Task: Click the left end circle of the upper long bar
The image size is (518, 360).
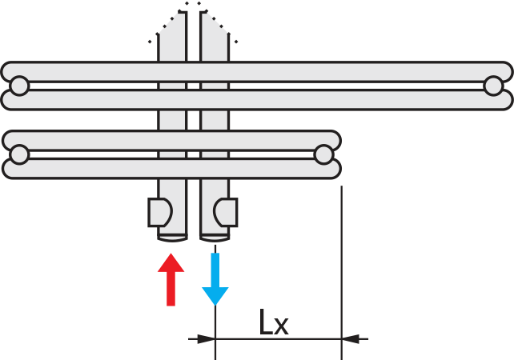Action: (19, 86)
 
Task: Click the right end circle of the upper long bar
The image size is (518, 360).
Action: (493, 86)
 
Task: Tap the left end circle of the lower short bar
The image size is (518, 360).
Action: (19, 154)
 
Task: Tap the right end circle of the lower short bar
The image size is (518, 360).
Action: (323, 154)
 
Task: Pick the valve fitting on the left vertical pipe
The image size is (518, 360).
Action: (159, 213)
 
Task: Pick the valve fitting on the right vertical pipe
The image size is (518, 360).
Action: (227, 213)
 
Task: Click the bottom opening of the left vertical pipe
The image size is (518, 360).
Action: (172, 236)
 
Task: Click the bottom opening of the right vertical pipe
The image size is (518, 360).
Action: (215, 236)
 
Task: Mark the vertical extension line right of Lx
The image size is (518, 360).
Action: (342, 264)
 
